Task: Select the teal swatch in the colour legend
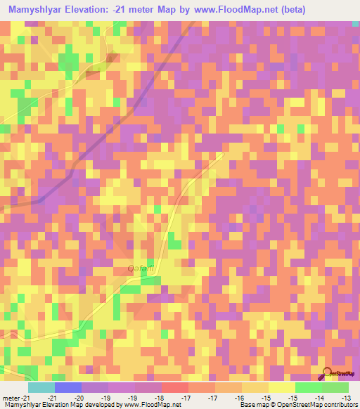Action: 41,387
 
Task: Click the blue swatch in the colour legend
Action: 68,387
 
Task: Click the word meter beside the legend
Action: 12,398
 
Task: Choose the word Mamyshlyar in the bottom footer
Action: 20,405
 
